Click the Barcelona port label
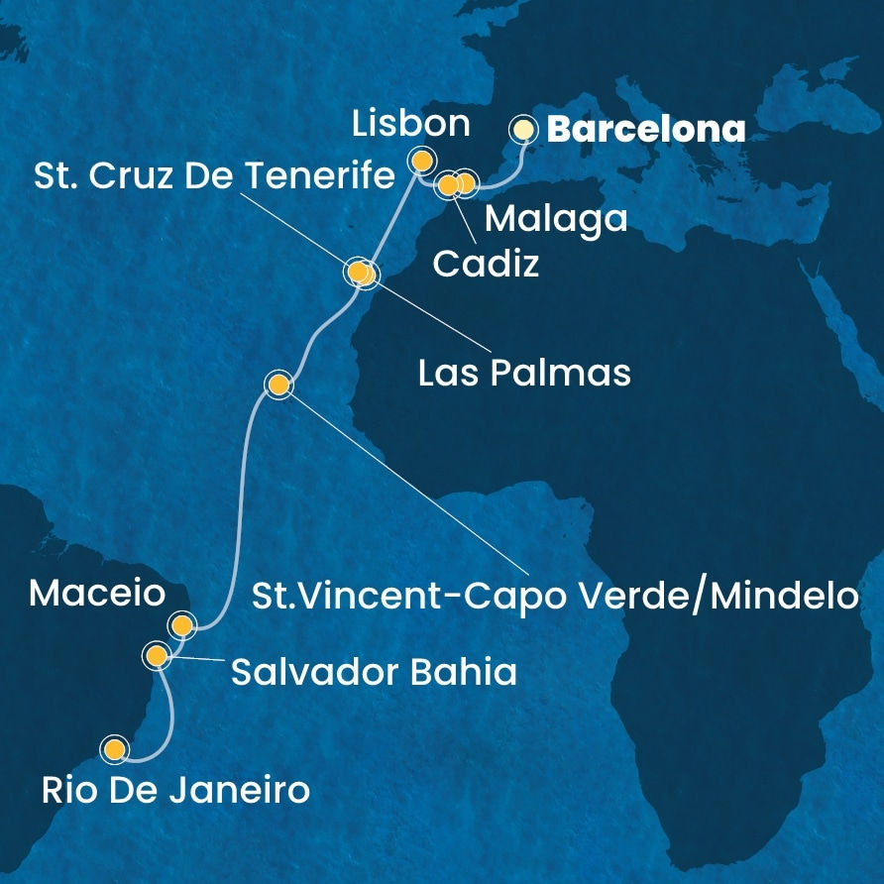(646, 130)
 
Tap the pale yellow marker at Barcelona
(521, 129)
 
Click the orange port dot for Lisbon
(422, 159)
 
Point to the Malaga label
(555, 218)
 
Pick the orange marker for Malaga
(466, 183)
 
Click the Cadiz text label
(486, 264)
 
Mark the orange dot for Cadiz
(448, 185)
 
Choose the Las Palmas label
(524, 374)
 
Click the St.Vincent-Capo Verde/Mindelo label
(553, 596)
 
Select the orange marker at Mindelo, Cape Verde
(278, 385)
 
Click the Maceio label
(96, 595)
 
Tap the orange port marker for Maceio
(180, 624)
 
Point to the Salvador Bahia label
(374, 674)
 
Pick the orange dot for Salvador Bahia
(156, 655)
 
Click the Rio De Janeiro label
(175, 791)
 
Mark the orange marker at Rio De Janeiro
(116, 749)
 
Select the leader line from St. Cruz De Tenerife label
(297, 229)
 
